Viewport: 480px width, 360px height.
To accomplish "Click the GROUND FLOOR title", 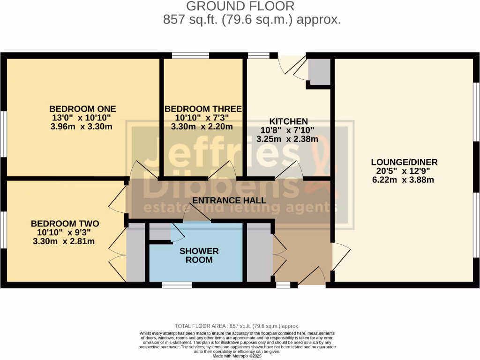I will pyautogui.click(x=240, y=7).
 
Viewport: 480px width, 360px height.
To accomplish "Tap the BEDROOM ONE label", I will pyautogui.click(x=82, y=109).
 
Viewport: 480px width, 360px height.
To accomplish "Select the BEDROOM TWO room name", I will pyautogui.click(x=65, y=224).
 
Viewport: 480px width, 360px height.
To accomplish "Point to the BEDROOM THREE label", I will pyautogui.click(x=203, y=109).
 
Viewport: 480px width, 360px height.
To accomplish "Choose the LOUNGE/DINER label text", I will pyautogui.click(x=404, y=162).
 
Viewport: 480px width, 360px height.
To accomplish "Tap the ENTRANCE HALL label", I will pyautogui.click(x=230, y=200).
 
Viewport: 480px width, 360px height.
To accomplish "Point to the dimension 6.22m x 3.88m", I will pyautogui.click(x=404, y=180).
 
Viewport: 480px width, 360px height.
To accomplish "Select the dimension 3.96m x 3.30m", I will pyautogui.click(x=82, y=127).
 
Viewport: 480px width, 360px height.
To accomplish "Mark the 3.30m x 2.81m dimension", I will pyautogui.click(x=65, y=241).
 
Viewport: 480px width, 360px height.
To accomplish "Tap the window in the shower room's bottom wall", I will pyautogui.click(x=177, y=285).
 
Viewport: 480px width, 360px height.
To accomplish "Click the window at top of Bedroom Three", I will pyautogui.click(x=190, y=56).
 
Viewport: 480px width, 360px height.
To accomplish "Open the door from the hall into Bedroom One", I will pyautogui.click(x=139, y=170).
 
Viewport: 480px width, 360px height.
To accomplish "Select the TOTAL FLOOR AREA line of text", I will pyautogui.click(x=237, y=326).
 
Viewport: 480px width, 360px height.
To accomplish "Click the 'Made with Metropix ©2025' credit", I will pyautogui.click(x=237, y=355).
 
